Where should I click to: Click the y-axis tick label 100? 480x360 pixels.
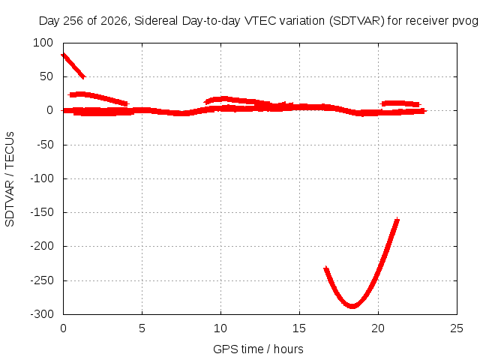(x=43, y=43)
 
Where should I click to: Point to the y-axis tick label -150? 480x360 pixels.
(x=42, y=212)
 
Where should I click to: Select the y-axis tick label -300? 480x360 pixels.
(x=42, y=314)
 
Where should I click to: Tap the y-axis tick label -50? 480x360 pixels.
(x=45, y=145)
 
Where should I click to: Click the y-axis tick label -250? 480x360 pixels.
(x=42, y=280)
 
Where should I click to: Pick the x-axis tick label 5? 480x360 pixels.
(x=142, y=328)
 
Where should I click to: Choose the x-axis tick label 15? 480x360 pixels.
(x=299, y=328)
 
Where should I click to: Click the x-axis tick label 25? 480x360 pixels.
(x=457, y=328)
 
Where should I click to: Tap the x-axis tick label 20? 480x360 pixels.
(x=378, y=328)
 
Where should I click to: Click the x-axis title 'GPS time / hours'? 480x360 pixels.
(x=258, y=349)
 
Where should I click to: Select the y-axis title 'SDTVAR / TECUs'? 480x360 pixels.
(x=10, y=179)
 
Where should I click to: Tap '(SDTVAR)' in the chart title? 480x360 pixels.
(x=357, y=21)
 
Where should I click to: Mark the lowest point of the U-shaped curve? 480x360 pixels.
(x=352, y=306)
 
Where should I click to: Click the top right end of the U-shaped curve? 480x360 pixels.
(x=397, y=220)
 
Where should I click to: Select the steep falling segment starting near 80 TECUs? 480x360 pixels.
(x=73, y=66)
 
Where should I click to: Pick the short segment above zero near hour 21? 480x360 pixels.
(x=400, y=103)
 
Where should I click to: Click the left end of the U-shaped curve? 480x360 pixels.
(x=326, y=268)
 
